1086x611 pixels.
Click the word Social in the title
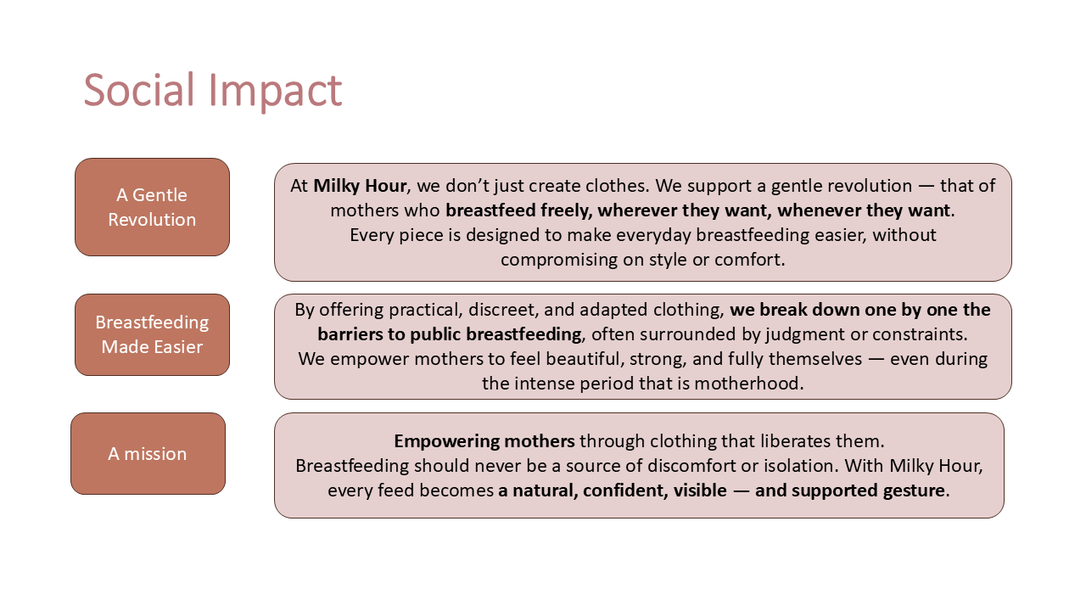coord(138,90)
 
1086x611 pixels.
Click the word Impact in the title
coord(276,92)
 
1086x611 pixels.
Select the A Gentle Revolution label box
coord(152,207)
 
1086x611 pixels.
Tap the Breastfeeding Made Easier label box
coord(152,334)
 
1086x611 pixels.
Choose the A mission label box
coord(148,454)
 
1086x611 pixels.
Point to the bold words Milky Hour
coord(360,186)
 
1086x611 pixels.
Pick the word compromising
coord(559,261)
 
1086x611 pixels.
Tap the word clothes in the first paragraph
coord(617,186)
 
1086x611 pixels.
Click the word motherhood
coord(748,384)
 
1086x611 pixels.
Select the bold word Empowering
coord(446,442)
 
